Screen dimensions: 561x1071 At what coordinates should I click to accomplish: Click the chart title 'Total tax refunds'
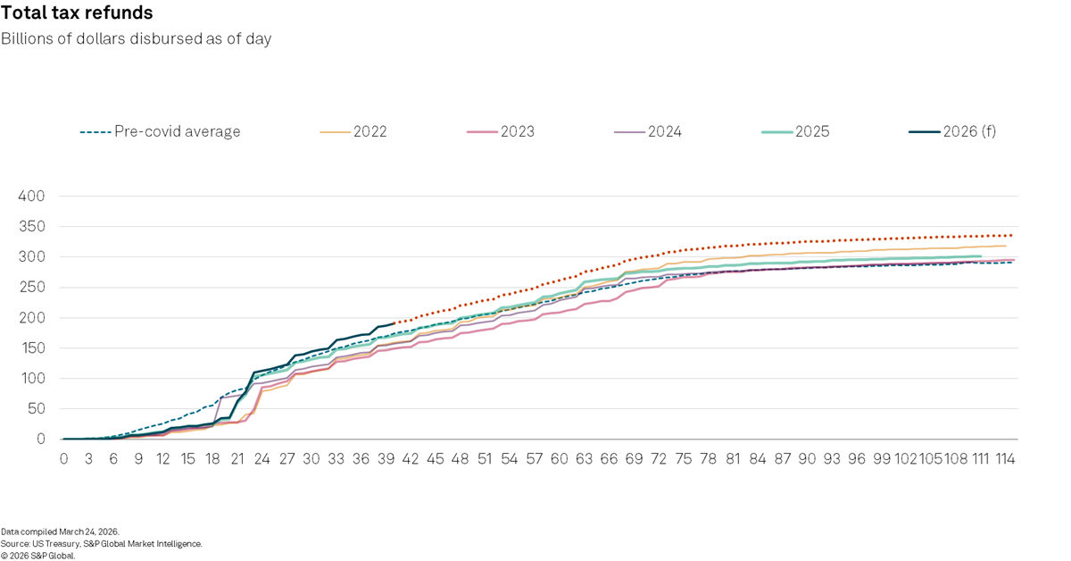pyautogui.click(x=77, y=13)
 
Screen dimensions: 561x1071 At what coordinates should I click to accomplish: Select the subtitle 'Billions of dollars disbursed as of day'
pyautogui.click(x=136, y=38)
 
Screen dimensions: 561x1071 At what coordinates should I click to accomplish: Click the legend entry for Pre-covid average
pyautogui.click(x=161, y=131)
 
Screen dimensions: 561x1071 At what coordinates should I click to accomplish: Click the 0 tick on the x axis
pyautogui.click(x=64, y=458)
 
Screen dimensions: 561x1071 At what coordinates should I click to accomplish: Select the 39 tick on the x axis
pyautogui.click(x=386, y=458)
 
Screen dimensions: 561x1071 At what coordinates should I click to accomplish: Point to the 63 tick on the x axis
pyautogui.click(x=584, y=458)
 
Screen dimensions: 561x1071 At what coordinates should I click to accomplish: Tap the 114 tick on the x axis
pyautogui.click(x=1003, y=458)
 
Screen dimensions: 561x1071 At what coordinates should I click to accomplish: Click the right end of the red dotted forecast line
pyautogui.click(x=1012, y=235)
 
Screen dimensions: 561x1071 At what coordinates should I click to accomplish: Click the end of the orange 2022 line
pyautogui.click(x=1005, y=246)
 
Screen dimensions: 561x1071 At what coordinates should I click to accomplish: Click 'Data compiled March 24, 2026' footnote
pyautogui.click(x=60, y=532)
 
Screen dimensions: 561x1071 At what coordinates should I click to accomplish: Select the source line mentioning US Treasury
pyautogui.click(x=102, y=543)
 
